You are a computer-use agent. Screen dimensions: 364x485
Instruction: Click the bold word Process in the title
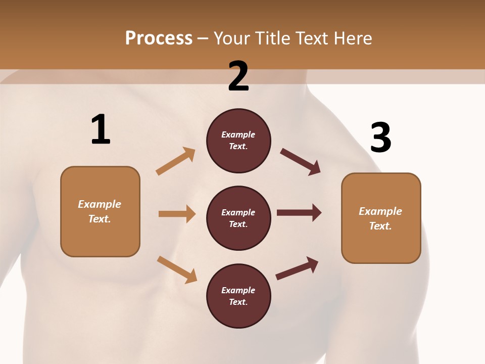pyautogui.click(x=159, y=38)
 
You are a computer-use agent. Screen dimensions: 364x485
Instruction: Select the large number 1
pyautogui.click(x=101, y=130)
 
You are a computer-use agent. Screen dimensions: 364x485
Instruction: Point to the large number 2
pyautogui.click(x=238, y=76)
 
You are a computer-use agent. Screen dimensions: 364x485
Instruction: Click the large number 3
pyautogui.click(x=380, y=138)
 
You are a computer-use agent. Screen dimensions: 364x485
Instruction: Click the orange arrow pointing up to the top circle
pyautogui.click(x=175, y=161)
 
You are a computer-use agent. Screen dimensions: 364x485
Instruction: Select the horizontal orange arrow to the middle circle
pyautogui.click(x=177, y=214)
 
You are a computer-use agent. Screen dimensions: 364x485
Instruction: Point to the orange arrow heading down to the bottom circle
pyautogui.click(x=177, y=269)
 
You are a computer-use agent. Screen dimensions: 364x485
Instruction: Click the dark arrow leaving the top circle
pyautogui.click(x=300, y=161)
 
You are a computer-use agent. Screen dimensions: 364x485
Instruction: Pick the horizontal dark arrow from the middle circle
pyautogui.click(x=299, y=213)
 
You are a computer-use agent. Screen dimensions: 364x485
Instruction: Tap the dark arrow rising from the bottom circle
pyautogui.click(x=297, y=268)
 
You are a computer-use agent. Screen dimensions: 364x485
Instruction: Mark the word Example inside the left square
pyautogui.click(x=100, y=204)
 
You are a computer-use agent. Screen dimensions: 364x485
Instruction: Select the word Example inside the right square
pyautogui.click(x=380, y=211)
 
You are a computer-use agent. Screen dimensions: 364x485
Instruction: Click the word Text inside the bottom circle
pyautogui.click(x=237, y=302)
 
